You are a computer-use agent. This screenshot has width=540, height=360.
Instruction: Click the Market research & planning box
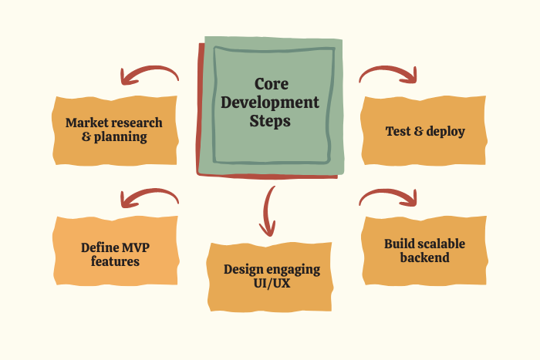(114, 130)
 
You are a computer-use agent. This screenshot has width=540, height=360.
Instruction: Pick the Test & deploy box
(425, 131)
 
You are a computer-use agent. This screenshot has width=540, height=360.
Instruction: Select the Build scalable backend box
(424, 251)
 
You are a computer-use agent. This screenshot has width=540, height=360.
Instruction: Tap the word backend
(424, 257)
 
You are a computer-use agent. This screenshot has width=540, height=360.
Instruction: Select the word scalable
(438, 244)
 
